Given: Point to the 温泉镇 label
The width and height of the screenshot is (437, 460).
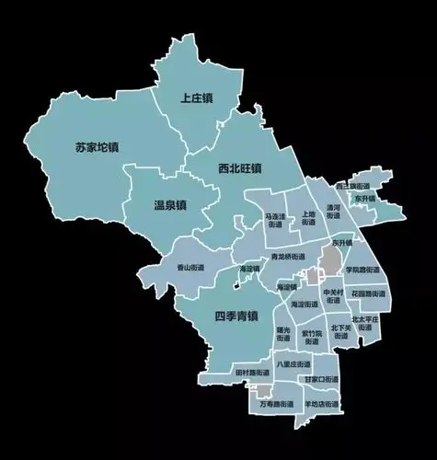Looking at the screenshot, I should point(168,205).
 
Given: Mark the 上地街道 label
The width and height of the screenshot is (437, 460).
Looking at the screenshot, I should point(308,219).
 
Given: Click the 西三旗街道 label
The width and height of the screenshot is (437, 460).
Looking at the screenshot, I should point(352,186).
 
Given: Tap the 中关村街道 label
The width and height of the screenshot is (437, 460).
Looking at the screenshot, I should point(332,295).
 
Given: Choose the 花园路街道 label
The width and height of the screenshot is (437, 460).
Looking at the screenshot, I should point(365,296).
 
